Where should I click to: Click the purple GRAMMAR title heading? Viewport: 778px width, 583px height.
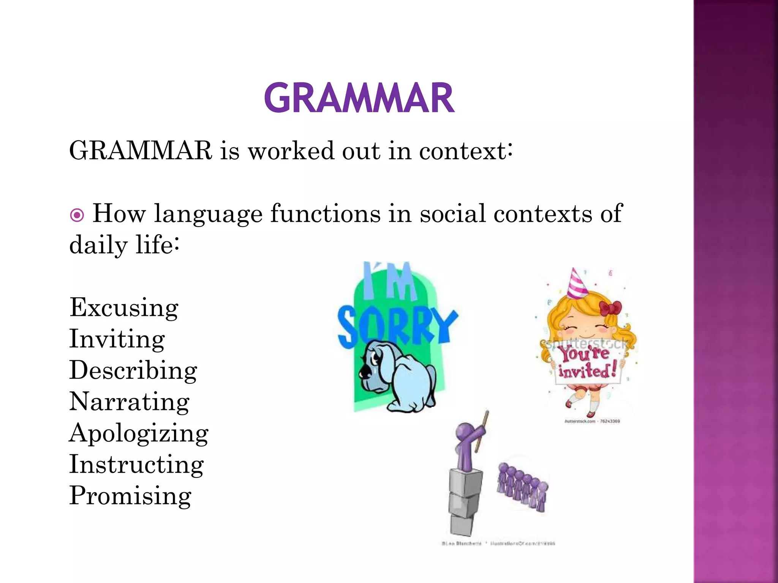coord(359,98)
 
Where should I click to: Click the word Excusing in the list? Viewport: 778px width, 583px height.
coord(124,307)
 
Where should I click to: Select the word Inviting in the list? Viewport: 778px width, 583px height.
coord(117,339)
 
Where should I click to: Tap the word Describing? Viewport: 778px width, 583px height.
coord(133,370)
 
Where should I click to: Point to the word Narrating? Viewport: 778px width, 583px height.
coord(129,402)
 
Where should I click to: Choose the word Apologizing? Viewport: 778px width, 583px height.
coord(139,433)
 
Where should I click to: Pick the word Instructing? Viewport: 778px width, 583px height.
coord(136,464)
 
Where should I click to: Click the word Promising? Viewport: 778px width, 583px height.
coord(130,496)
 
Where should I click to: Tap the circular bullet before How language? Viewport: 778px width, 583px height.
coord(77,216)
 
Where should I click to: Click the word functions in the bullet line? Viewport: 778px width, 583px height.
coord(325,214)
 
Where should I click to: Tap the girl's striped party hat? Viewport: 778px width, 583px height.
coord(577,285)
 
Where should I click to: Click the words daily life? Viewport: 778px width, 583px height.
coord(124,245)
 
